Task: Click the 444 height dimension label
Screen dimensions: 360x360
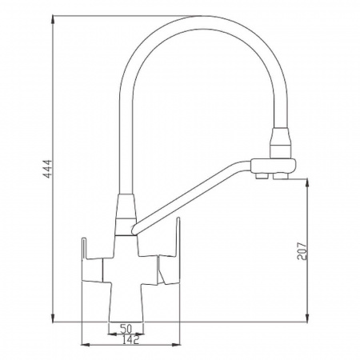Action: pos(47,169)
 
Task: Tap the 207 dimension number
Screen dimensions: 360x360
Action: pos(302,251)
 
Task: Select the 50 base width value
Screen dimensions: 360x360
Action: pos(126,329)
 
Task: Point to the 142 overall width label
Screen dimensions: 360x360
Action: pos(130,340)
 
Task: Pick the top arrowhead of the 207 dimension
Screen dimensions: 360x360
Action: pos(307,183)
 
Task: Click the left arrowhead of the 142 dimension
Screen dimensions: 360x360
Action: pos(86,345)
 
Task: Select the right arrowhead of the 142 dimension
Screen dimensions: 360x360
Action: pos(176,345)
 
